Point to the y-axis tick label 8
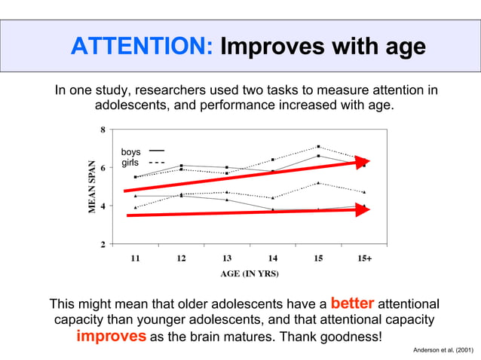(x=103, y=130)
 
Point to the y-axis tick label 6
(x=103, y=168)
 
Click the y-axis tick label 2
(x=103, y=244)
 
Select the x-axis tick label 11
(x=135, y=258)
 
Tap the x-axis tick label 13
(x=227, y=258)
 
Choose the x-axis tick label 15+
(x=364, y=258)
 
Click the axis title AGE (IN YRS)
(x=250, y=273)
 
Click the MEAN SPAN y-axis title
(x=91, y=187)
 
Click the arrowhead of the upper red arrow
(x=363, y=161)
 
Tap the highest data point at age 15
(x=319, y=146)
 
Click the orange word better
(x=352, y=304)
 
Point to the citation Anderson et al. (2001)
(x=445, y=351)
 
